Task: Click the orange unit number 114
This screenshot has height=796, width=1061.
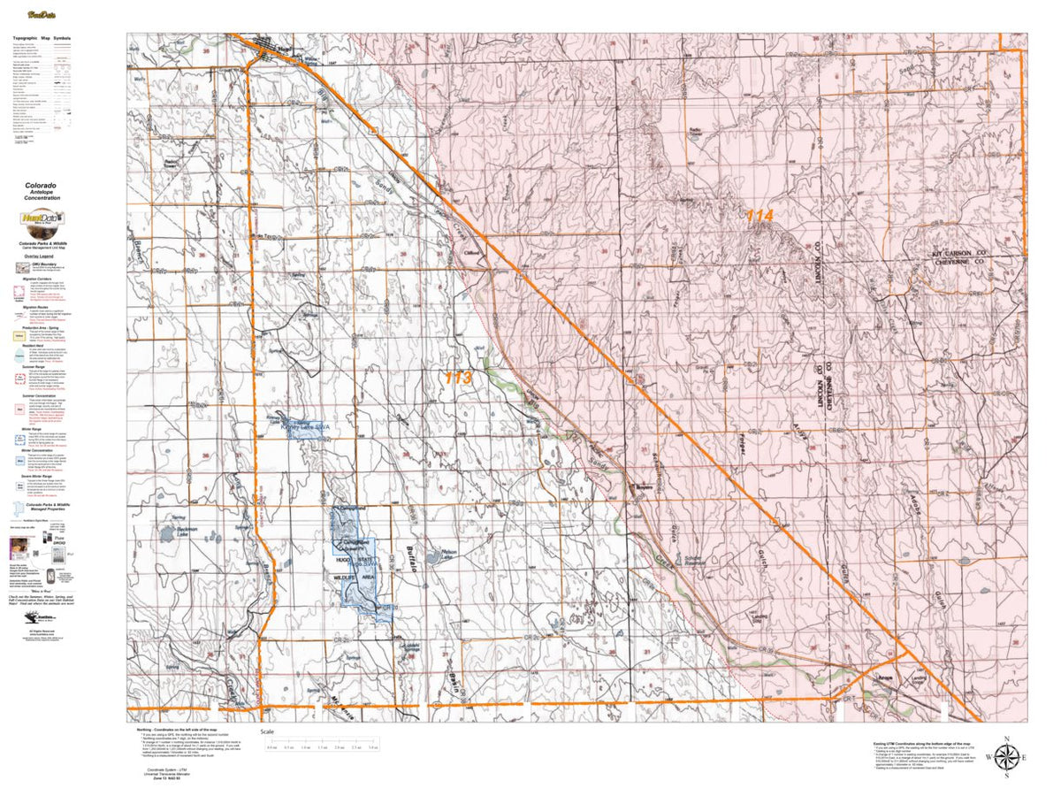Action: tap(759, 215)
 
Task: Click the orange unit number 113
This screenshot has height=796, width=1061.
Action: tap(458, 378)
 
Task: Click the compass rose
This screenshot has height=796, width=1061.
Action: tap(1006, 757)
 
